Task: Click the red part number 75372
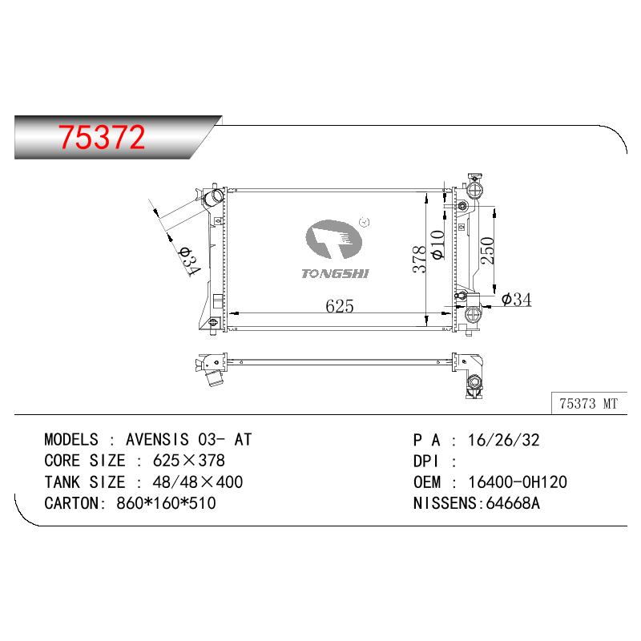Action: pyautogui.click(x=102, y=137)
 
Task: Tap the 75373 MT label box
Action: pyautogui.click(x=589, y=404)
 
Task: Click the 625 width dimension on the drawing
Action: pyautogui.click(x=339, y=305)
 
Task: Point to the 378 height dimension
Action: pyautogui.click(x=419, y=259)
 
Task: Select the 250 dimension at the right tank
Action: pyautogui.click(x=487, y=250)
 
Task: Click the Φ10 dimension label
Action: pyautogui.click(x=437, y=244)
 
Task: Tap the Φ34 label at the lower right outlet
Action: pyautogui.click(x=516, y=299)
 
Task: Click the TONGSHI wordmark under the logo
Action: pyautogui.click(x=335, y=273)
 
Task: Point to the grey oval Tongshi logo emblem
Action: pyautogui.click(x=333, y=239)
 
